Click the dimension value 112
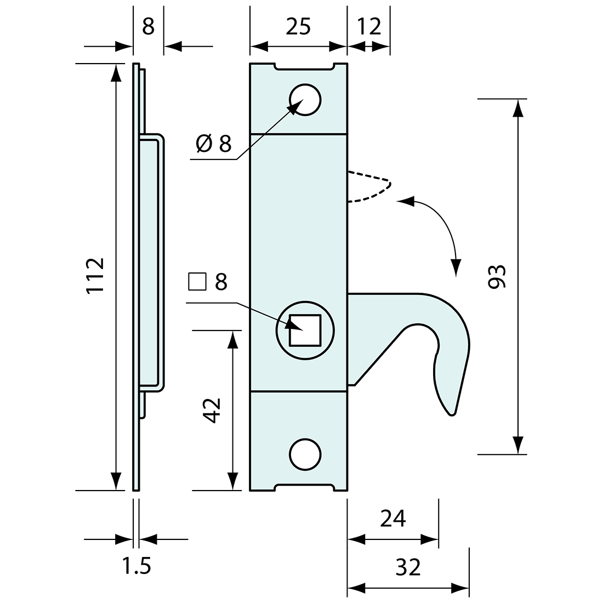tap(95, 276)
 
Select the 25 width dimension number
tap(298, 27)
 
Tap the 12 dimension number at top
tap(369, 27)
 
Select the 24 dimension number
tap(392, 518)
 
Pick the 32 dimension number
tap(407, 567)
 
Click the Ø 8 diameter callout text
tap(214, 144)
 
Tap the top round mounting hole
tap(305, 100)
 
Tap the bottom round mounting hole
tap(305, 454)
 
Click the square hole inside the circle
tap(305, 330)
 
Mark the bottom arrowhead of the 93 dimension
tap(517, 446)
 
